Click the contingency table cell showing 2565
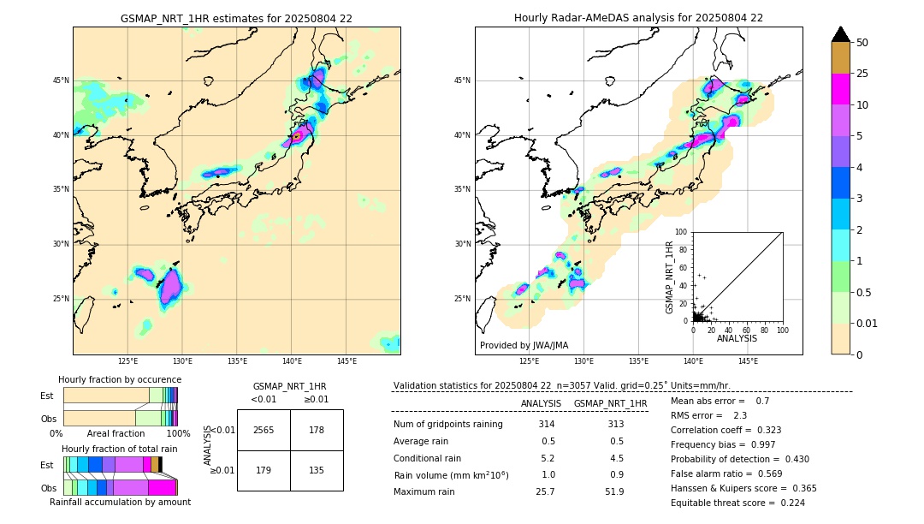tap(264, 430)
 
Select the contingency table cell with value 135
tap(317, 469)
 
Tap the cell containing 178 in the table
tap(317, 430)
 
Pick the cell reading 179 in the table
tap(264, 469)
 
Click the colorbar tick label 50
tap(862, 43)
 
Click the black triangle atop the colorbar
tap(841, 34)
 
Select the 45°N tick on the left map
tap(61, 80)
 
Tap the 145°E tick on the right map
tap(748, 361)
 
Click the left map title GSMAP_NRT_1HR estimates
tap(236, 18)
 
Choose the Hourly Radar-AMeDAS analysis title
tap(638, 18)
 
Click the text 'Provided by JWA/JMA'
tap(524, 346)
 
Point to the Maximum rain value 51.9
tap(614, 491)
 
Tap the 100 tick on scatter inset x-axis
tap(782, 330)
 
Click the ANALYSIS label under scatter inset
tap(737, 338)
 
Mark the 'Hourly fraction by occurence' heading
tap(120, 379)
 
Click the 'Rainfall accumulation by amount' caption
tap(120, 502)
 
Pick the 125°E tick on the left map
tap(127, 361)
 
